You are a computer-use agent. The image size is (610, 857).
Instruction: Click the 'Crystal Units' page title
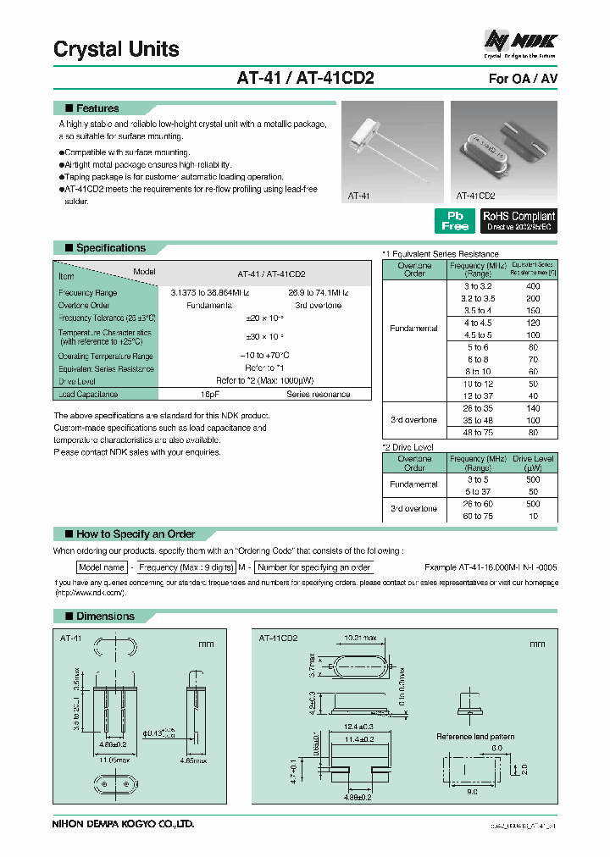click(x=116, y=49)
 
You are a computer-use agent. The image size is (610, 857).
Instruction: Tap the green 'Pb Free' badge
click(x=455, y=220)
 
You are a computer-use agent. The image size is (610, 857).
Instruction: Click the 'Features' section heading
click(x=97, y=108)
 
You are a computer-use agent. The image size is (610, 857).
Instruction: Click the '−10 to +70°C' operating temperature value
click(x=263, y=356)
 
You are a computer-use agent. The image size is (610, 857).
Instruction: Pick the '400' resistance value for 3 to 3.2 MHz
click(x=533, y=287)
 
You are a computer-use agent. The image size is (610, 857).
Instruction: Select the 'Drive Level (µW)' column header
click(x=532, y=462)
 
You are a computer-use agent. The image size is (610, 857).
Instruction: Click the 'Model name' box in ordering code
click(x=102, y=567)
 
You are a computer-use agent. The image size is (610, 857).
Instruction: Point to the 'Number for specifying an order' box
click(x=313, y=567)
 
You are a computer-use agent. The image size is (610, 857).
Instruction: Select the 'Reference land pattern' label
click(x=475, y=737)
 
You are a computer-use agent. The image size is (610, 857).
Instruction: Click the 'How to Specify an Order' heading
click(x=136, y=534)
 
